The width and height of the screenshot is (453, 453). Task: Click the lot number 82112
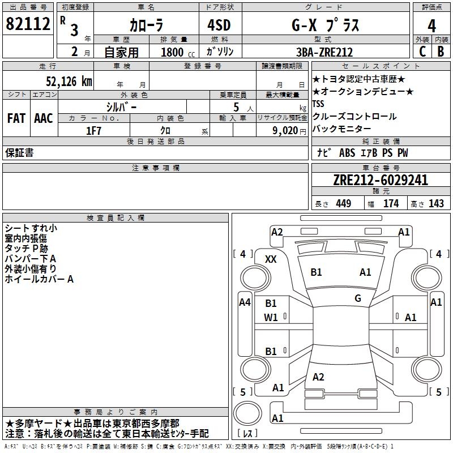click(28, 25)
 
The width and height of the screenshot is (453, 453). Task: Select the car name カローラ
click(146, 25)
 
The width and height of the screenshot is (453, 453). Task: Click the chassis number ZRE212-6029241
click(380, 181)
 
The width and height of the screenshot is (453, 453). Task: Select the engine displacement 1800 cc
click(176, 52)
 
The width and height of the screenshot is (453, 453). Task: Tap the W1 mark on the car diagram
click(271, 318)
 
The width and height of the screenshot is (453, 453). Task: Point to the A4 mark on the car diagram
click(245, 302)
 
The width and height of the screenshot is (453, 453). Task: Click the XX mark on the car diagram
click(271, 259)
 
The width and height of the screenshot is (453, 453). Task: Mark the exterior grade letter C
click(422, 52)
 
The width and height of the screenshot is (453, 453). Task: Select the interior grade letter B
click(441, 52)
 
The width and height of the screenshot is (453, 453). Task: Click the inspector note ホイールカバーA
click(39, 279)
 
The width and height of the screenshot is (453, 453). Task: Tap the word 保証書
click(19, 153)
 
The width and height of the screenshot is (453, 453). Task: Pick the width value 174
click(391, 204)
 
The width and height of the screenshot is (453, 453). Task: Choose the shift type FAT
click(16, 118)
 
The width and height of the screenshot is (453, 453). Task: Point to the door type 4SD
click(216, 25)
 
